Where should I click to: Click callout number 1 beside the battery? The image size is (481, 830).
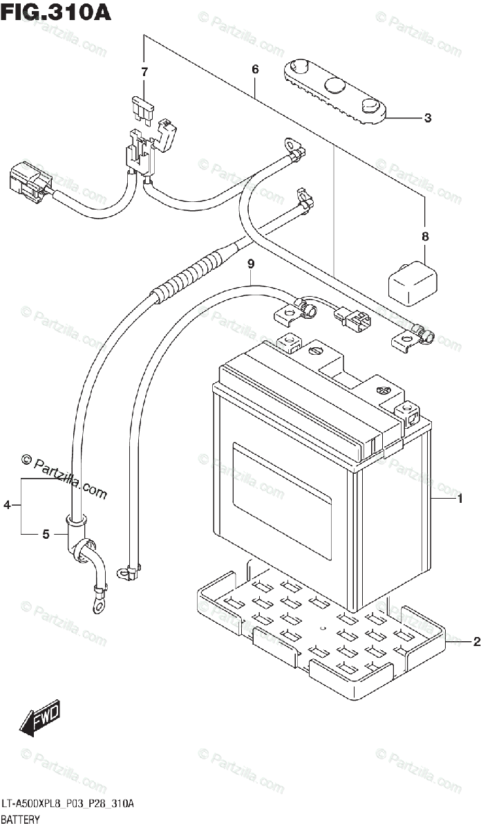[x=460, y=499]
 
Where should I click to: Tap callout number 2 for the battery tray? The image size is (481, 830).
[x=476, y=641]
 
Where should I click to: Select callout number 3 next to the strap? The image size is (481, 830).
[x=428, y=118]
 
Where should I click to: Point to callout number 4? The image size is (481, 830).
[x=7, y=504]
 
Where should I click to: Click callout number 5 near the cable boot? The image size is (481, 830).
[x=46, y=534]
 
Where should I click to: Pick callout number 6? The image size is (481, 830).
[x=255, y=69]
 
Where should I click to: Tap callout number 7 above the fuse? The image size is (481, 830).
[x=144, y=71]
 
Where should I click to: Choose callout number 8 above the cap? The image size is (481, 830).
[x=425, y=236]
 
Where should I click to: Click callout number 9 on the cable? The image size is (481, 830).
[x=251, y=264]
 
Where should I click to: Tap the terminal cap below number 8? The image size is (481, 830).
[x=412, y=284]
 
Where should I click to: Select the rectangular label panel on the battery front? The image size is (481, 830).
[x=281, y=502]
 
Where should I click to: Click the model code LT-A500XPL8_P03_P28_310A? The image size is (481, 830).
[x=68, y=804]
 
